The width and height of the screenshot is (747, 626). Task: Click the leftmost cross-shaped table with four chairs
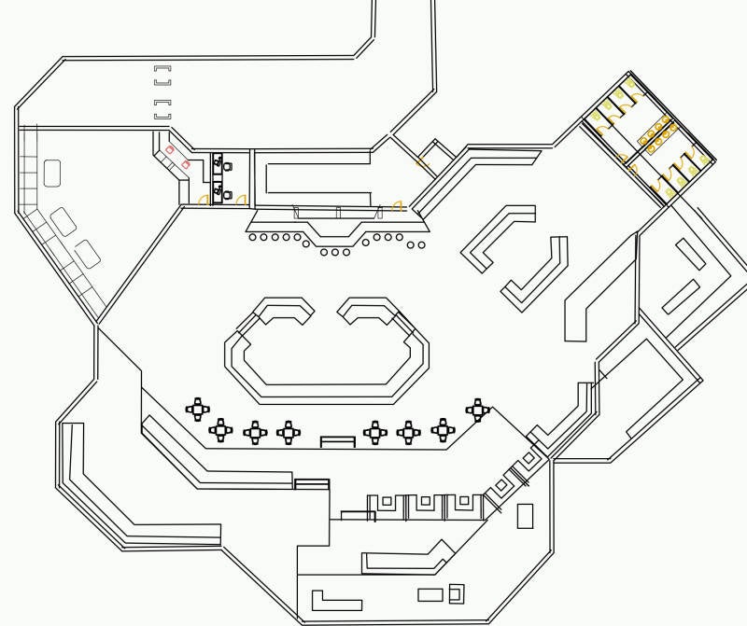tap(197, 409)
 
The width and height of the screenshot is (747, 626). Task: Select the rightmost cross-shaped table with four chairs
tap(477, 409)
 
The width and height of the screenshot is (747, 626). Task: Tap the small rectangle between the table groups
tap(337, 441)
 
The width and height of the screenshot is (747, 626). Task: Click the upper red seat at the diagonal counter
tap(170, 149)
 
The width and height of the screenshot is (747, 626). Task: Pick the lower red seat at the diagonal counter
tap(185, 164)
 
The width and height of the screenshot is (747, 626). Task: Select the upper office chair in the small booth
tap(226, 166)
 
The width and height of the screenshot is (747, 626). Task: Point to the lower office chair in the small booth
tap(226, 194)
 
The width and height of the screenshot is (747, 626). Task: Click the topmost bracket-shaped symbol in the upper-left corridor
tap(162, 68)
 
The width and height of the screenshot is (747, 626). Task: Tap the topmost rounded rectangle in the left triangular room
tap(52, 173)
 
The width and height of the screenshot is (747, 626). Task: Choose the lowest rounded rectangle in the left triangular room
tap(87, 253)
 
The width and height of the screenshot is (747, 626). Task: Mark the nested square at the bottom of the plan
tap(456, 593)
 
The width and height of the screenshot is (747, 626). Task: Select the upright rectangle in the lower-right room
tap(525, 516)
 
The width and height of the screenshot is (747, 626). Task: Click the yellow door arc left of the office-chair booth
tap(203, 199)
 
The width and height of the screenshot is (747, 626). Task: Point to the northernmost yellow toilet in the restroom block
tap(631, 83)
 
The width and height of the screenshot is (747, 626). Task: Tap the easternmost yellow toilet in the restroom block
tap(704, 160)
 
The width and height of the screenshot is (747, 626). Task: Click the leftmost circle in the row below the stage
tap(253, 237)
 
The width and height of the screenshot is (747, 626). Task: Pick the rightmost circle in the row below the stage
tap(421, 245)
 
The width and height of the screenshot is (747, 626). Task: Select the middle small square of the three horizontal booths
tap(425, 502)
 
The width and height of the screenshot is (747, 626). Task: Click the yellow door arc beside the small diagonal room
tap(421, 163)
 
